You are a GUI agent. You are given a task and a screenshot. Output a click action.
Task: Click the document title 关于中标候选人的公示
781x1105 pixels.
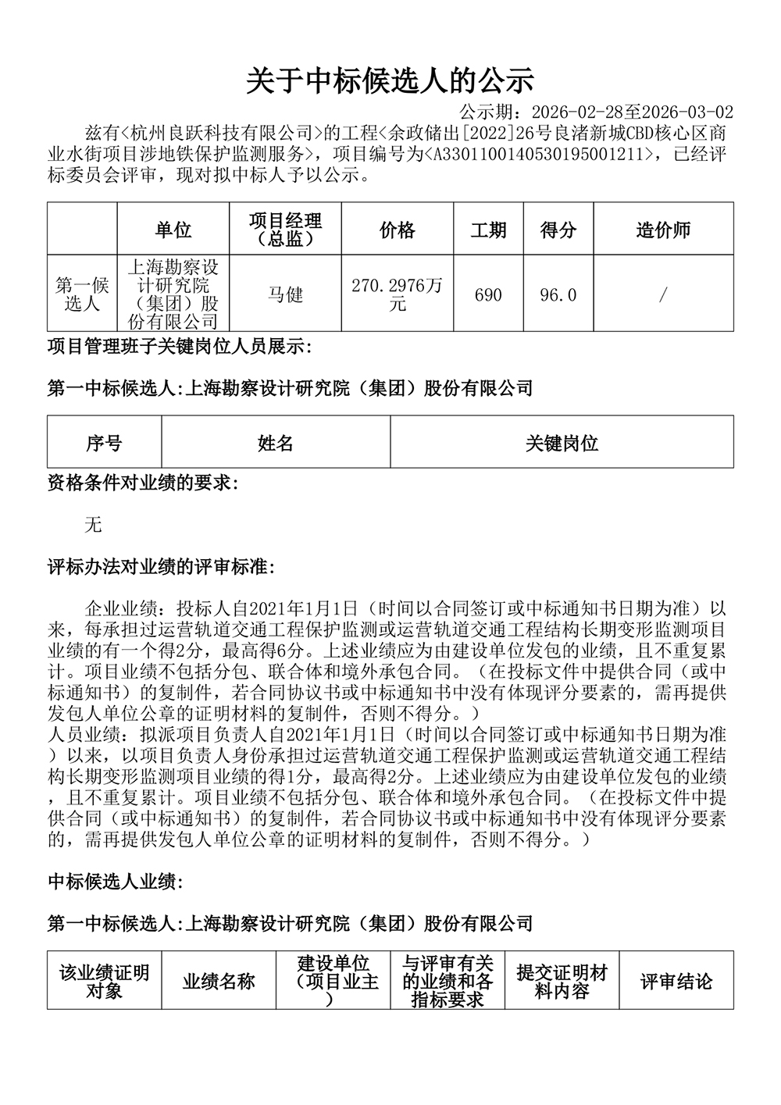(390, 80)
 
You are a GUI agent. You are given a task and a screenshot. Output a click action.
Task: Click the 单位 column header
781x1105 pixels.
(173, 230)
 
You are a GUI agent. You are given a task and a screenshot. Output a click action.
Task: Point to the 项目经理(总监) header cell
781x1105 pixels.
(285, 230)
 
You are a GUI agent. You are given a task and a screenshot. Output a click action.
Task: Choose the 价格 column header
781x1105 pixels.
(397, 230)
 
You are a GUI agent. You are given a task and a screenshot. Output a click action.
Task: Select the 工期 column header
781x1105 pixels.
(488, 230)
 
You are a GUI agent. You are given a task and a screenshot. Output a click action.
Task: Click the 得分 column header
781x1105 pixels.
(558, 230)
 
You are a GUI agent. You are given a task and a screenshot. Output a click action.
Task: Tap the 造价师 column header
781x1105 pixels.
(663, 230)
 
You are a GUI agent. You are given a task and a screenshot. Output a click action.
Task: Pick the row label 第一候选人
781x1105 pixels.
(82, 294)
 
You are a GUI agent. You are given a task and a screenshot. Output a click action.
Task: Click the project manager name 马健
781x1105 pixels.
(285, 294)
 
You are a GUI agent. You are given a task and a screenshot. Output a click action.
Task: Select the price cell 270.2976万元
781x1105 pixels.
(397, 294)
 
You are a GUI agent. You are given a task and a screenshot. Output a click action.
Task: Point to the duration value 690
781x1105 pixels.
(488, 295)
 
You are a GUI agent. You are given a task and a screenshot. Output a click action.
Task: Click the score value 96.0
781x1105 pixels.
(558, 295)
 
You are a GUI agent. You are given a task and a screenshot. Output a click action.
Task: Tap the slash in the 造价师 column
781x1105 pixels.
(663, 295)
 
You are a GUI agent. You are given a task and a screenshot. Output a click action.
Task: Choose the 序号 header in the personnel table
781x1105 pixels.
(104, 444)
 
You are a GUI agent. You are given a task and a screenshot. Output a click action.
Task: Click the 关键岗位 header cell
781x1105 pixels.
(562, 444)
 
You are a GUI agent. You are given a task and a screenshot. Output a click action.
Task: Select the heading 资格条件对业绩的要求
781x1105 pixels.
(143, 483)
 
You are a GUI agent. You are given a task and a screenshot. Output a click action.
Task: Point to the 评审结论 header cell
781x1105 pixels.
(676, 982)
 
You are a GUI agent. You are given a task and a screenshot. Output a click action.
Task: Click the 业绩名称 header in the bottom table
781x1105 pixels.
(219, 982)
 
